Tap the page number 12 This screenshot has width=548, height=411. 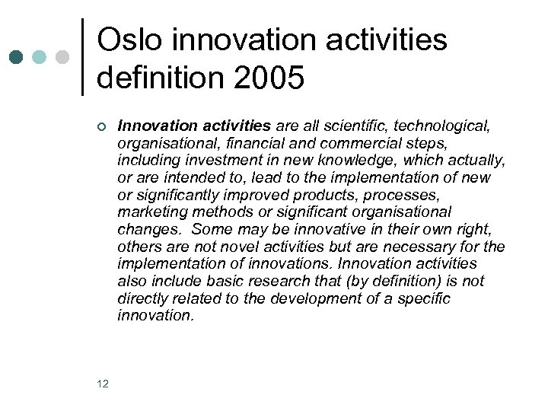pyautogui.click(x=103, y=384)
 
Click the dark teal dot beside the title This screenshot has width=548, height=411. pyautogui.click(x=16, y=57)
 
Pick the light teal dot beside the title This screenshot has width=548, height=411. pyautogui.click(x=39, y=57)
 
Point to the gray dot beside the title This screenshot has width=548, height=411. pyautogui.click(x=62, y=57)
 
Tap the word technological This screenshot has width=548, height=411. pyautogui.click(x=448, y=126)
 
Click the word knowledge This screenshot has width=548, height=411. pyautogui.click(x=354, y=161)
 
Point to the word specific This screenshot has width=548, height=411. pyautogui.click(x=425, y=298)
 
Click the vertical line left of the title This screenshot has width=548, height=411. pyautogui.click(x=81, y=57)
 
